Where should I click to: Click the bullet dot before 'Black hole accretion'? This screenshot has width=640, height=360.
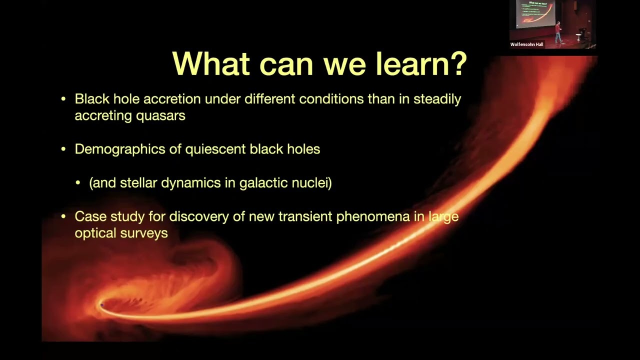click(63, 99)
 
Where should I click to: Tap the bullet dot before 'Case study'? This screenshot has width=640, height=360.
click(63, 216)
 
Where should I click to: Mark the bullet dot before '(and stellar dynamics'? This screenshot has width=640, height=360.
click(78, 183)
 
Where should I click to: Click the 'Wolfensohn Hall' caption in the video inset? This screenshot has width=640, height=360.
click(526, 44)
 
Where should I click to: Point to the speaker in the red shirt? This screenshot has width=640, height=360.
click(558, 32)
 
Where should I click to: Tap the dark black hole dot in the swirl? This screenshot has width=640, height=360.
click(102, 304)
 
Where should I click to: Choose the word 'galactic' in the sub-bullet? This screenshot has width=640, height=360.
click(263, 182)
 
